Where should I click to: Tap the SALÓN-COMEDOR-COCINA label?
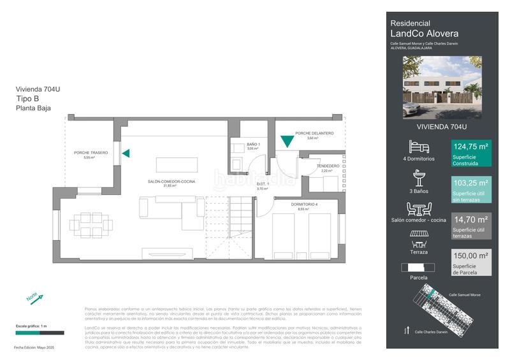click(171, 182)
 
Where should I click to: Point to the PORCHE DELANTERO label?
click(314, 133)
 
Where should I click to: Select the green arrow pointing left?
click(126, 153)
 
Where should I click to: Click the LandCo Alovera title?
click(424, 34)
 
